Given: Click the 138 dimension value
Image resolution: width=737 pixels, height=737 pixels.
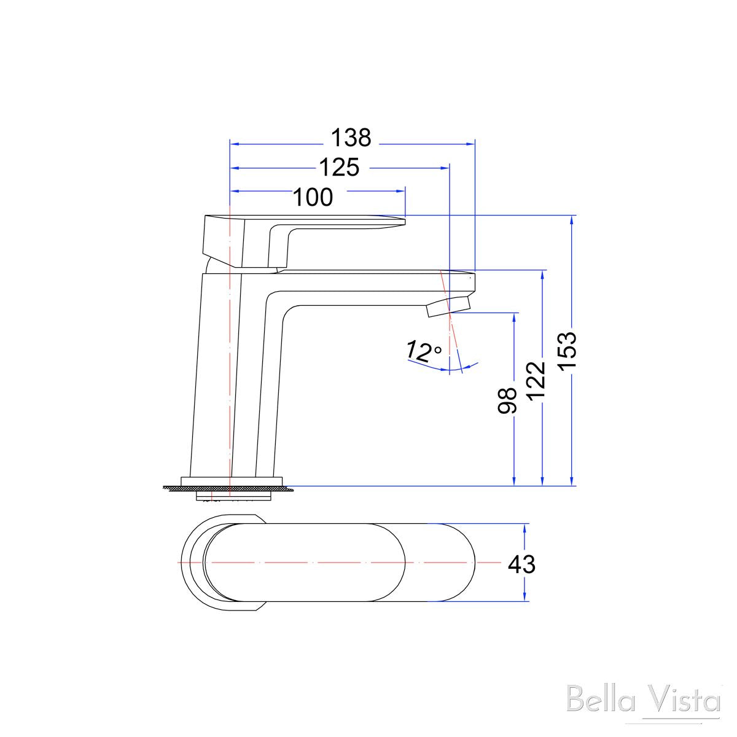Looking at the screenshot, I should (x=351, y=138).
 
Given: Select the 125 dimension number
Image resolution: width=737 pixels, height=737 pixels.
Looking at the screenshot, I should (x=339, y=167).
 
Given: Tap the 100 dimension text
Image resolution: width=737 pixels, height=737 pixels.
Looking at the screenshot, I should (x=312, y=198).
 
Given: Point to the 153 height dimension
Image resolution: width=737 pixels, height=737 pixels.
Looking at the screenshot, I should (x=567, y=351).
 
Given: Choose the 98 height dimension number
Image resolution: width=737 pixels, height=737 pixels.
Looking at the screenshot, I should (x=508, y=401).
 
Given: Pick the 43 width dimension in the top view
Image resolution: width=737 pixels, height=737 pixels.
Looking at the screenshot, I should (x=521, y=564).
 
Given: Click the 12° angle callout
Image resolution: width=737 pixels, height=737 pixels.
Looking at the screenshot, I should (x=423, y=352).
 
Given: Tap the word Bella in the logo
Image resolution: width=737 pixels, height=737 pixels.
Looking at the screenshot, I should (x=598, y=701).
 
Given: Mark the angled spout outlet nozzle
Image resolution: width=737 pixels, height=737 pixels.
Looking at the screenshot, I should (x=448, y=306).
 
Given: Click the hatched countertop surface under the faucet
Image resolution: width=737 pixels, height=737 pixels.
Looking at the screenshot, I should (x=178, y=488).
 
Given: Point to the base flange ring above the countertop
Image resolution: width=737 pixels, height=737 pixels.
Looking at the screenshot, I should (x=232, y=480).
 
